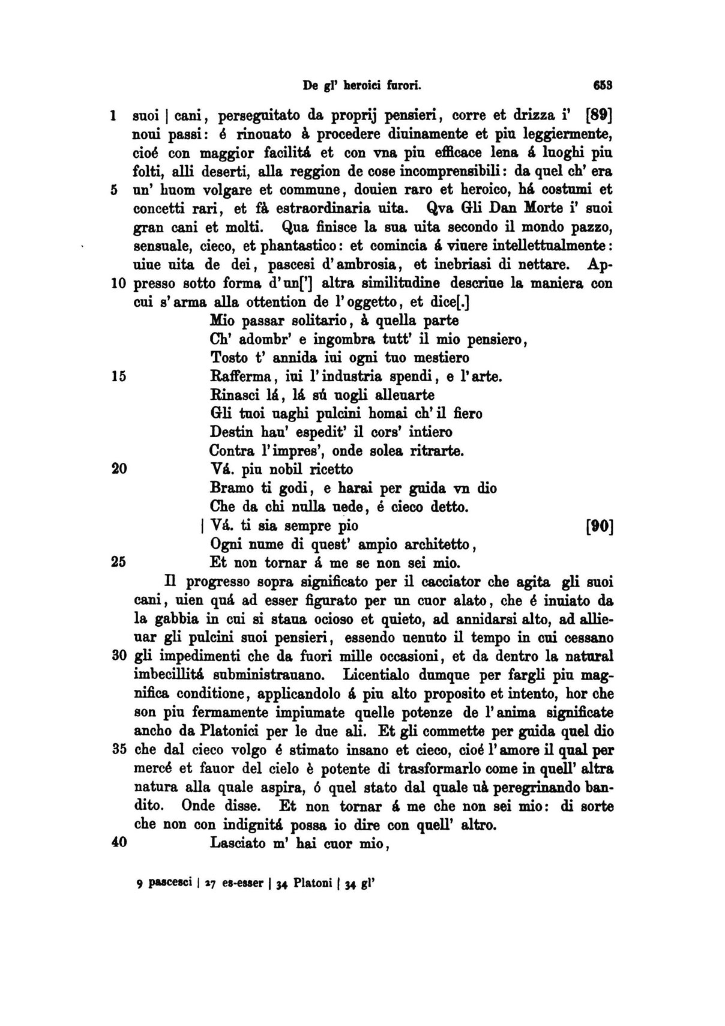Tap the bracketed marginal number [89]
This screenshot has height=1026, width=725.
[x=597, y=114]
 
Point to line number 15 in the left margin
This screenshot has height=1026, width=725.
[x=118, y=376]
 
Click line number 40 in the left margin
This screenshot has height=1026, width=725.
[x=119, y=842]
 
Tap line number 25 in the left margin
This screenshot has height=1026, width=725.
[x=118, y=563]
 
